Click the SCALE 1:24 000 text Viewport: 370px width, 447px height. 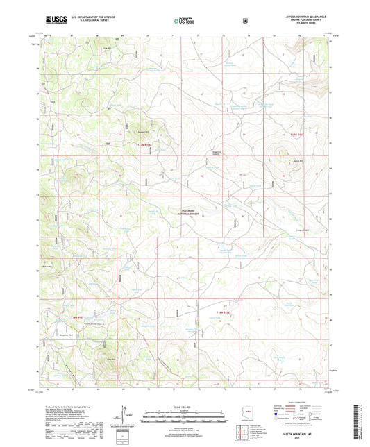(185, 405)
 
